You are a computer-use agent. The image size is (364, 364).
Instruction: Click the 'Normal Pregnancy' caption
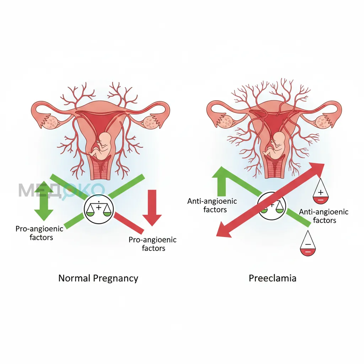click(98, 278)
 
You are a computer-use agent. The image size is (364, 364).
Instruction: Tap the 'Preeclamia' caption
click(273, 278)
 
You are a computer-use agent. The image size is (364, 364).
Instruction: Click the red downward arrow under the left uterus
click(152, 208)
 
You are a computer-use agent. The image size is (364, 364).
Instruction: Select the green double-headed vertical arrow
click(44, 201)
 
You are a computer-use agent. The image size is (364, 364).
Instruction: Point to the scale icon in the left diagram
click(99, 209)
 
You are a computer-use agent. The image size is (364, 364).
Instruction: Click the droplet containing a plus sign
click(321, 191)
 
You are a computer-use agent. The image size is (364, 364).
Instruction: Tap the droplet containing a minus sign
click(308, 243)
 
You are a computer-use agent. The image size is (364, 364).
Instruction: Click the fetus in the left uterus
click(101, 146)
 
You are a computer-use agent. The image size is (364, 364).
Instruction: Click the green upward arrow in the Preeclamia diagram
click(222, 182)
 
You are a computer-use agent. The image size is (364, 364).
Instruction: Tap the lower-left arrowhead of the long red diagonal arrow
click(223, 231)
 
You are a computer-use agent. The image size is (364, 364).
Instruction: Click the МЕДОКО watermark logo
click(61, 191)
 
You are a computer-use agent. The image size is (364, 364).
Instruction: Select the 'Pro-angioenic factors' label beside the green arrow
click(39, 233)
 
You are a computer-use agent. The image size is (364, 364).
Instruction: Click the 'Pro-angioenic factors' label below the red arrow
click(153, 244)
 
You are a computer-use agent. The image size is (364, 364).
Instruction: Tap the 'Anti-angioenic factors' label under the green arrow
click(212, 205)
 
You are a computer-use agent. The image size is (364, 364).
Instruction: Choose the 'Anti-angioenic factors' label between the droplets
click(324, 216)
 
